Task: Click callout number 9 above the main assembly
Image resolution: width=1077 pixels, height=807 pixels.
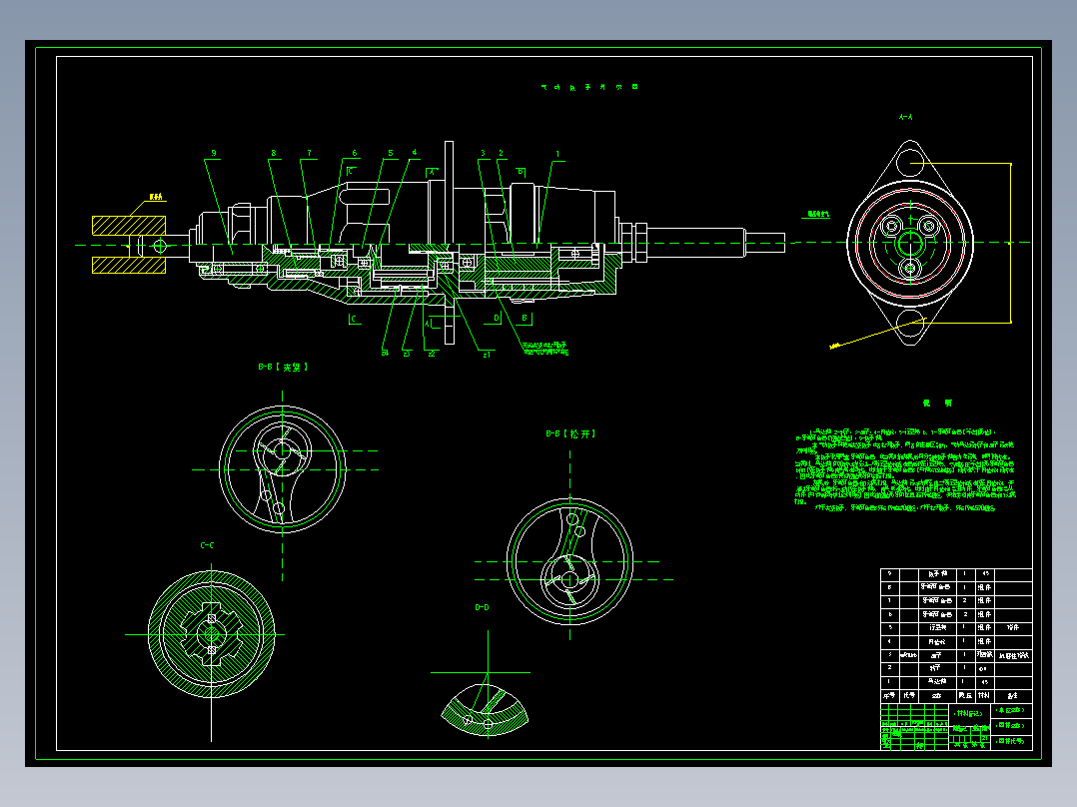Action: (213, 154)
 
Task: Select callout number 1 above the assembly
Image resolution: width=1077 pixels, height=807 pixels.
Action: (557, 154)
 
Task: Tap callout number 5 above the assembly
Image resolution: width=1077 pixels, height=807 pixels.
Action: (390, 154)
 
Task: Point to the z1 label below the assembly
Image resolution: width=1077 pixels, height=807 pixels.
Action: (487, 353)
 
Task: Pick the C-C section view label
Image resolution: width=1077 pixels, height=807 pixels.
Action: (208, 545)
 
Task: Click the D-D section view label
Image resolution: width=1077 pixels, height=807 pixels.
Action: (482, 607)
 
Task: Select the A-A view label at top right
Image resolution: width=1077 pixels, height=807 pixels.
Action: (907, 118)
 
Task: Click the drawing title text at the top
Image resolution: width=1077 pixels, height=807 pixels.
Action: (588, 87)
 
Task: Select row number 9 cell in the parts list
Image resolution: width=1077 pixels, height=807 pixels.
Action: (889, 574)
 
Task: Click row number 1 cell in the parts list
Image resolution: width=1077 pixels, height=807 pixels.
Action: (889, 680)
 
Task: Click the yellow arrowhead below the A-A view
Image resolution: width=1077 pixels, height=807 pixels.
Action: (834, 345)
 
